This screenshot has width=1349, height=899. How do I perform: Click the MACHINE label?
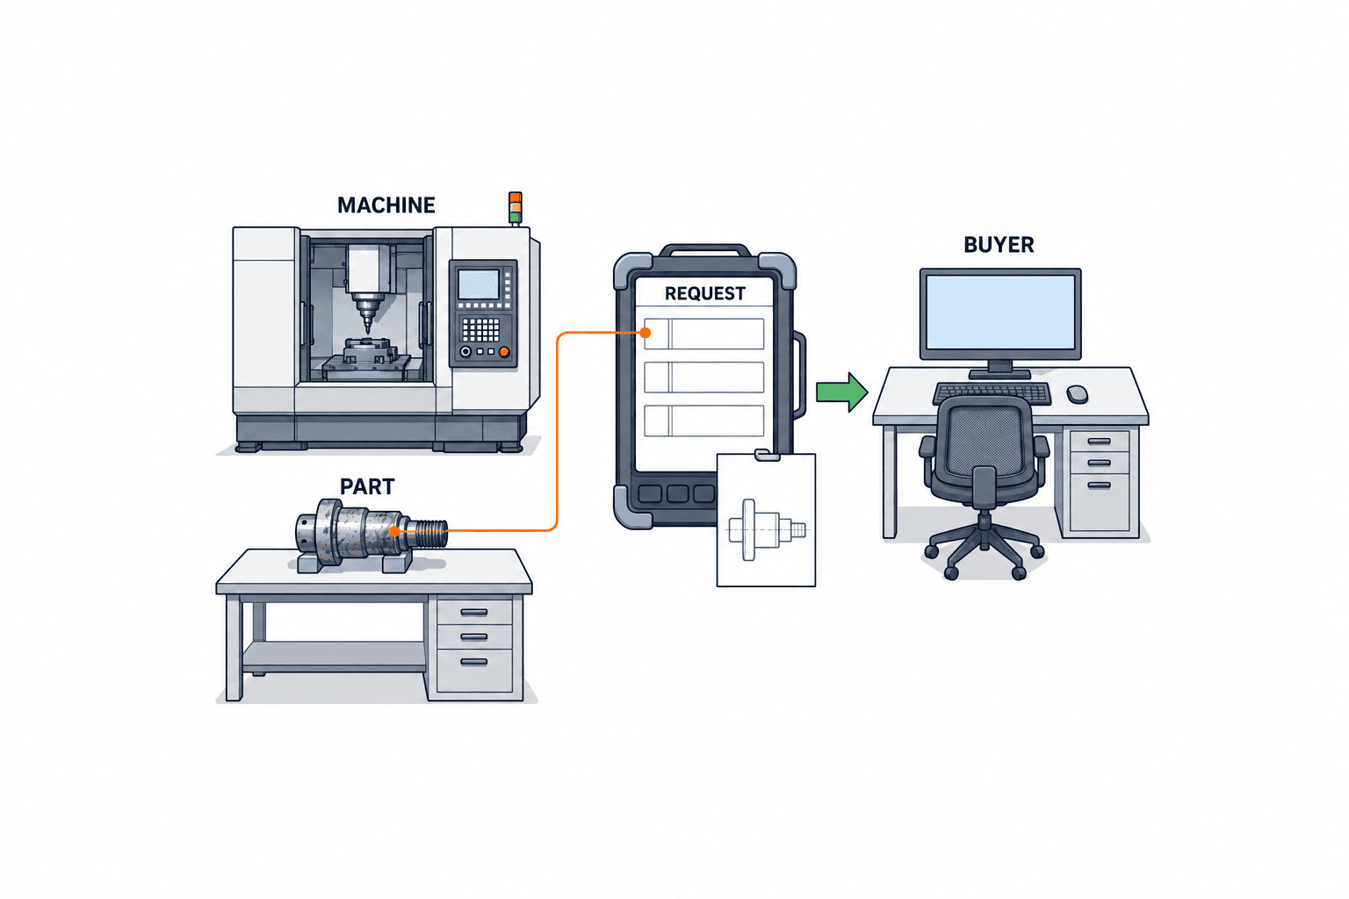(386, 205)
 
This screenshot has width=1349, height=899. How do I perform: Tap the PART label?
(367, 486)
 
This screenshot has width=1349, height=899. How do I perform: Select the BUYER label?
(999, 245)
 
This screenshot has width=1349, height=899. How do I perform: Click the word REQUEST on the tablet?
(704, 294)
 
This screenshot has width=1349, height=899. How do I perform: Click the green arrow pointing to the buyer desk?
(842, 392)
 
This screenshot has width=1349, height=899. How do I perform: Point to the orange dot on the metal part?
(394, 531)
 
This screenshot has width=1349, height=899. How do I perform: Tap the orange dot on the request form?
(646, 333)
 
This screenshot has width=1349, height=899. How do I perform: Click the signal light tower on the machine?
(515, 208)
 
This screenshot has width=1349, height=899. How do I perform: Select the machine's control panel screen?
(479, 284)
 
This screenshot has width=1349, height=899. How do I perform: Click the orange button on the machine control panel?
(504, 352)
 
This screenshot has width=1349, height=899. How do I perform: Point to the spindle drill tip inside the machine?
(368, 329)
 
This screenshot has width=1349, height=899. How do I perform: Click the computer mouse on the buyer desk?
(1077, 394)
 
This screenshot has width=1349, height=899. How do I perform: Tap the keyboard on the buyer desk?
(992, 393)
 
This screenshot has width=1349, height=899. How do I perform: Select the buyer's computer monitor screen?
(1000, 312)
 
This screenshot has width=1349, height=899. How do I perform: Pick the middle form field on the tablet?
(704, 378)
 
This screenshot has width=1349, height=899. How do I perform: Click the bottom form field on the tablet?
(704, 421)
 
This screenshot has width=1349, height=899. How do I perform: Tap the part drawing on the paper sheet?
(768, 530)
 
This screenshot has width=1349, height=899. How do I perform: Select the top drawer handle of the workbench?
(474, 613)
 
